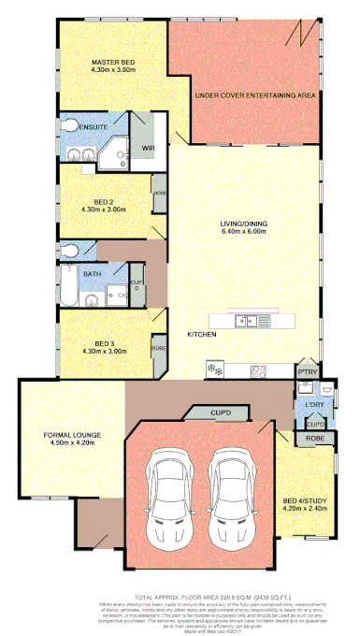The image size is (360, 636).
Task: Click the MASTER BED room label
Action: pos(113,63)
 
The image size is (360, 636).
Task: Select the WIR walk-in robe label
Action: pos(148,147)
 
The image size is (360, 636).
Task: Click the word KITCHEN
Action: pos(202,334)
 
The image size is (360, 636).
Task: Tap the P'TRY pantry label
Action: pos(308,373)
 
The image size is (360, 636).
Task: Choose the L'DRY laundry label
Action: pos(313,404)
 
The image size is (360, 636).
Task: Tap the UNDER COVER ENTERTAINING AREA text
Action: pos(253,95)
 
